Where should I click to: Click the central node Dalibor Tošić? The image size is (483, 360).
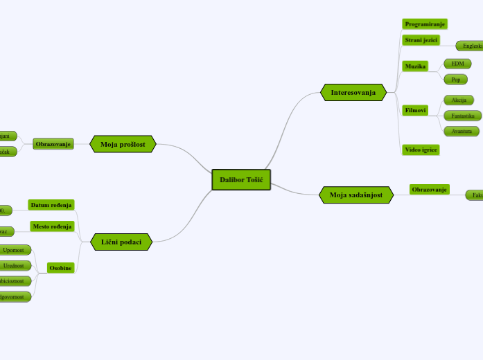tap(241, 180)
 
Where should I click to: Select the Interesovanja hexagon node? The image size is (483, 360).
tap(353, 92)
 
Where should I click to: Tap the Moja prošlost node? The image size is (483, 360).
tap(123, 144)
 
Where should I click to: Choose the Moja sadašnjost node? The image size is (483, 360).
tap(355, 195)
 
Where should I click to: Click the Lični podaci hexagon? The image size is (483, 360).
tap(121, 242)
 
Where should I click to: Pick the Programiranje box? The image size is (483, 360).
tap(425, 24)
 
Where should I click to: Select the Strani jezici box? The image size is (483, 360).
tap(421, 40)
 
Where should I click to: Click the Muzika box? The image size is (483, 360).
tap(415, 66)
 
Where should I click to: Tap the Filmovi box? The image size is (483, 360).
tap(415, 110)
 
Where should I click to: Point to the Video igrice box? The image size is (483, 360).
tap(421, 150)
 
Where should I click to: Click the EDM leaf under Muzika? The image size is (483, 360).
tap(457, 64)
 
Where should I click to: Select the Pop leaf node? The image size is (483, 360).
tap(455, 80)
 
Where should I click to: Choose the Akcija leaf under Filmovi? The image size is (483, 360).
tap(459, 100)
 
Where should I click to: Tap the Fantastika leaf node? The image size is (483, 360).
tap(462, 116)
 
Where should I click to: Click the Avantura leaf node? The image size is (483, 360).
tap(462, 131)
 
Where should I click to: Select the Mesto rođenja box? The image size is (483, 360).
tap(52, 226)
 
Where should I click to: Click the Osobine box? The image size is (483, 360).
tap(60, 268)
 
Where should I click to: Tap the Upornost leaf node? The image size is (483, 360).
tap(13, 250)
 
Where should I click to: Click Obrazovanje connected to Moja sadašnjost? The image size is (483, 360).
tap(429, 190)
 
